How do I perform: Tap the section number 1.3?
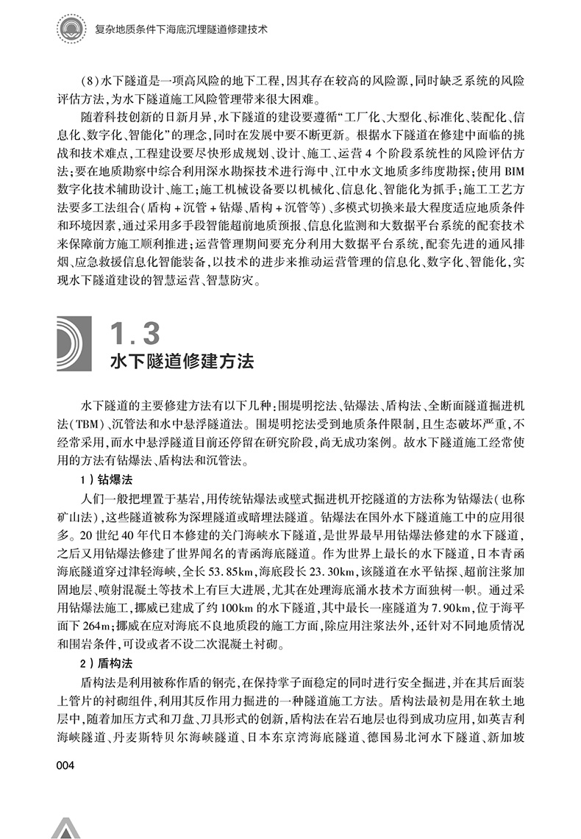(134, 333)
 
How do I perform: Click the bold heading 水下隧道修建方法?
(181, 363)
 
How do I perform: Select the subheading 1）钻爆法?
(106, 479)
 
